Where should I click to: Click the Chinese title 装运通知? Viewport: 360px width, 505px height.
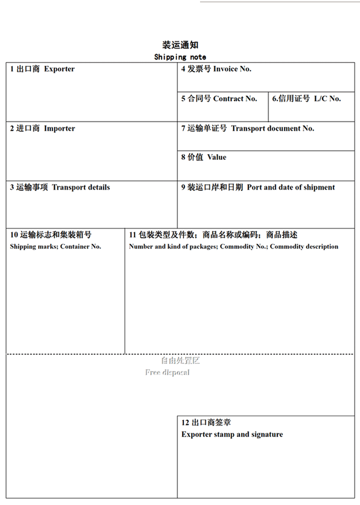pos(180,45)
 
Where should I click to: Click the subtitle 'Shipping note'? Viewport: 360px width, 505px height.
pos(180,57)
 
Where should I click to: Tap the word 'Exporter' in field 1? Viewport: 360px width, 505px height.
pos(59,69)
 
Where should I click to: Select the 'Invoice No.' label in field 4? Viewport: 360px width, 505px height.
pos(232,69)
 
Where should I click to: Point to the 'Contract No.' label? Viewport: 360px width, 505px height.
pos(235,99)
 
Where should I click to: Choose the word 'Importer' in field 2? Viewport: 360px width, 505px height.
pos(59,128)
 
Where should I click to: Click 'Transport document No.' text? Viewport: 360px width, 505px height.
pos(273,128)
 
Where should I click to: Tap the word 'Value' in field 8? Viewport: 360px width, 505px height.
pos(217,157)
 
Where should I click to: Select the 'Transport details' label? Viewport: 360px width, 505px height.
pos(81,187)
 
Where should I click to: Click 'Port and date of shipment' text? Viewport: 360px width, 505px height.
pos(291,187)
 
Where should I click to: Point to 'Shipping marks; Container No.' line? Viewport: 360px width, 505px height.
pos(55,247)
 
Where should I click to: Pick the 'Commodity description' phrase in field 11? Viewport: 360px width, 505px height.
pos(304,247)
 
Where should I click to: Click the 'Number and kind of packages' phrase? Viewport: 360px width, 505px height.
pos(172,247)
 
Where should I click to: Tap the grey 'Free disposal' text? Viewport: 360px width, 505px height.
pos(167,372)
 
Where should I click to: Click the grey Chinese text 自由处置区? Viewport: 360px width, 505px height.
pos(180,361)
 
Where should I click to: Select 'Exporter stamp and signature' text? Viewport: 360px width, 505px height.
pos(232,435)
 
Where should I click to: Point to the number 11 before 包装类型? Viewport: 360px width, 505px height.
pos(132,235)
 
